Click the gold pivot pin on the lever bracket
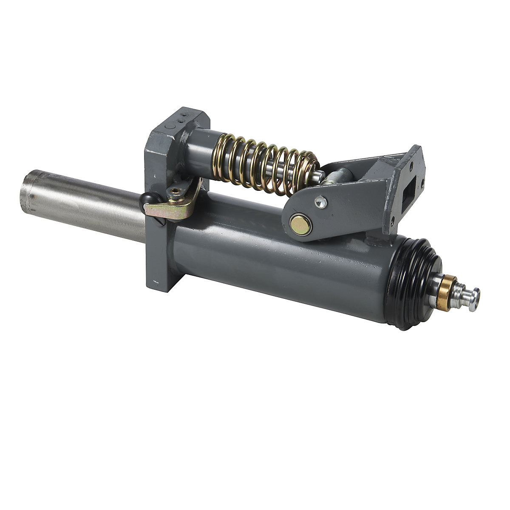[x=300, y=224]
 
